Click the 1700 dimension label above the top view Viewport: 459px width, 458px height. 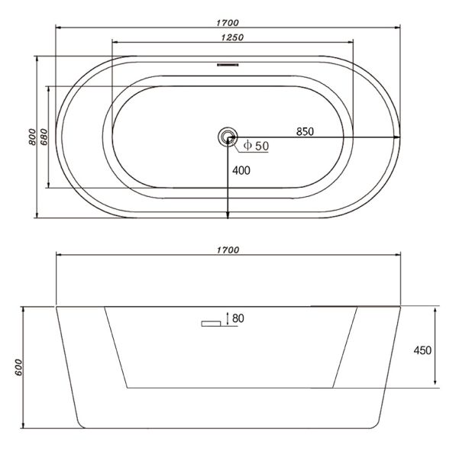click(x=228, y=23)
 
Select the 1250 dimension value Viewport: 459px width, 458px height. click(x=232, y=37)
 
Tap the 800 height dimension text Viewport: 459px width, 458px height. click(x=32, y=137)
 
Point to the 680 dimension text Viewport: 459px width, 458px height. click(x=44, y=137)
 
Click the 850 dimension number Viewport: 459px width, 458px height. click(x=305, y=132)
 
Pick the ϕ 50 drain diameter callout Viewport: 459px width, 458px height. click(x=256, y=146)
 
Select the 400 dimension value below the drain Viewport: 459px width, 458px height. click(x=241, y=170)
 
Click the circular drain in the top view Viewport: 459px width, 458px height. click(x=228, y=137)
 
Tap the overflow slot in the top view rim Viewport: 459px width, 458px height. click(x=228, y=65)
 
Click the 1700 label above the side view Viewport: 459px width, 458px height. click(x=228, y=250)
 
